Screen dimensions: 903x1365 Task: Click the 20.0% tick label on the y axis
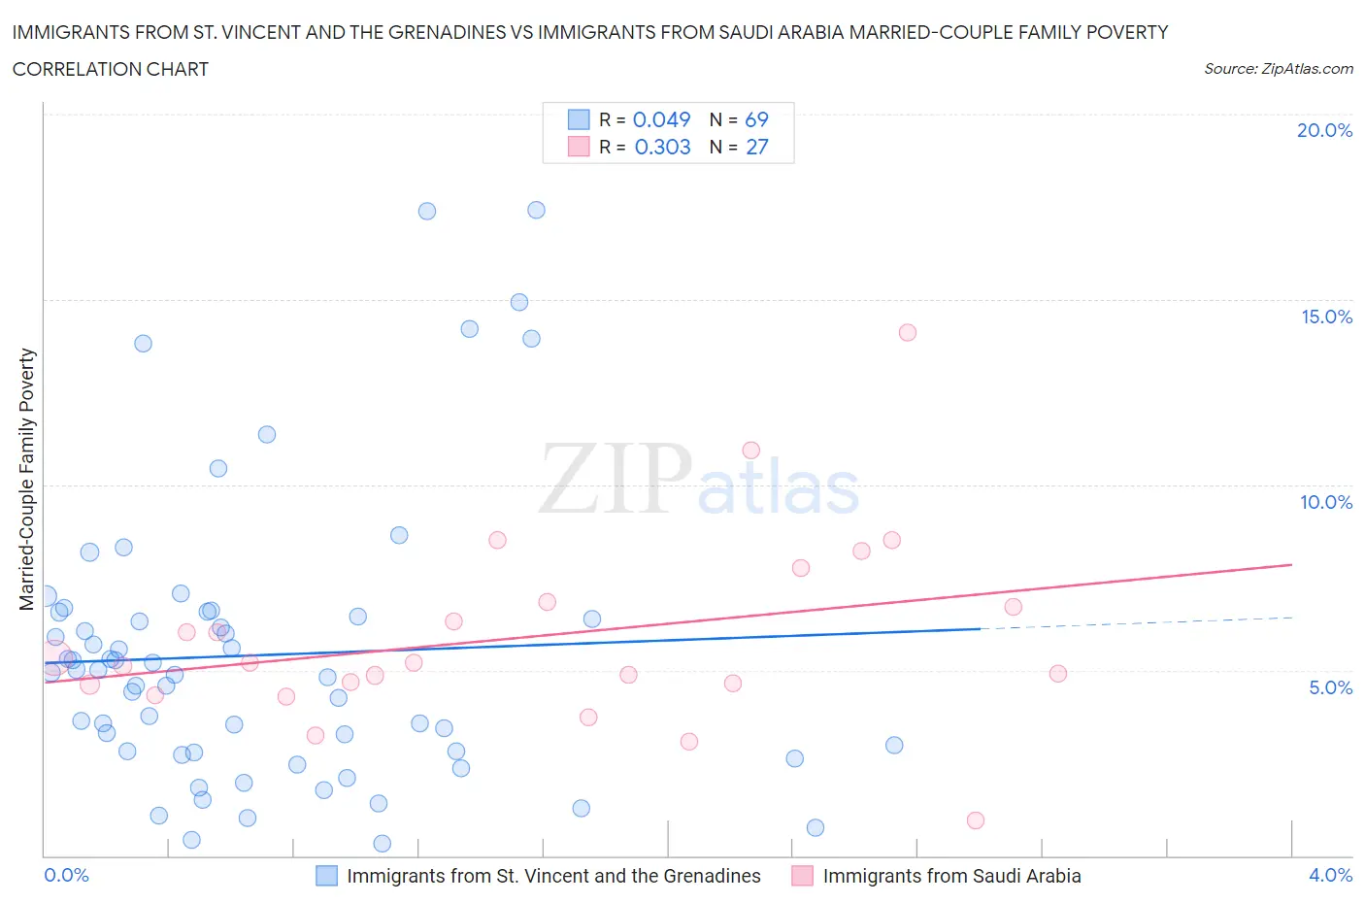coord(1324,130)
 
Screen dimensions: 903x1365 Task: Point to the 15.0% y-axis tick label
coord(1326,317)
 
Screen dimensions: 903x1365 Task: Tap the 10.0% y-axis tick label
coord(1326,502)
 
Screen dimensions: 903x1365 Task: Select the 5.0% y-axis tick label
coord(1330,687)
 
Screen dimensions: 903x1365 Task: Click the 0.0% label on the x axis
coord(66,875)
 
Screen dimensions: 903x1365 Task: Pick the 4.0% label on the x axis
coord(1330,875)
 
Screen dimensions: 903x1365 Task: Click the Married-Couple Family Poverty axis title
coord(27,480)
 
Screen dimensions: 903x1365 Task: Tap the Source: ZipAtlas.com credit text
coord(1278,68)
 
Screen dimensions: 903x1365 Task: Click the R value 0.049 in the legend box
coord(661,119)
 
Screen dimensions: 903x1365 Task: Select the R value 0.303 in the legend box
coord(662,147)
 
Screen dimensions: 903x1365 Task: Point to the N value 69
coord(756,119)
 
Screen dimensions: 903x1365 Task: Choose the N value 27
coord(756,147)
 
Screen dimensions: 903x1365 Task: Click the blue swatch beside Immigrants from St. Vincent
coord(327,876)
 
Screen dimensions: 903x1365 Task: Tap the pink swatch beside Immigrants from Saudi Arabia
coord(802,876)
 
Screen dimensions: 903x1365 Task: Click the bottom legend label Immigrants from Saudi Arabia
coord(951,876)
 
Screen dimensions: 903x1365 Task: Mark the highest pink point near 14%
coord(908,332)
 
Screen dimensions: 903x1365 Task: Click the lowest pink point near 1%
coord(976,820)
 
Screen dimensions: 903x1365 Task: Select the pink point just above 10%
coord(750,450)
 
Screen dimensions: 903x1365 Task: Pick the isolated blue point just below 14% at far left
coord(143,343)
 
